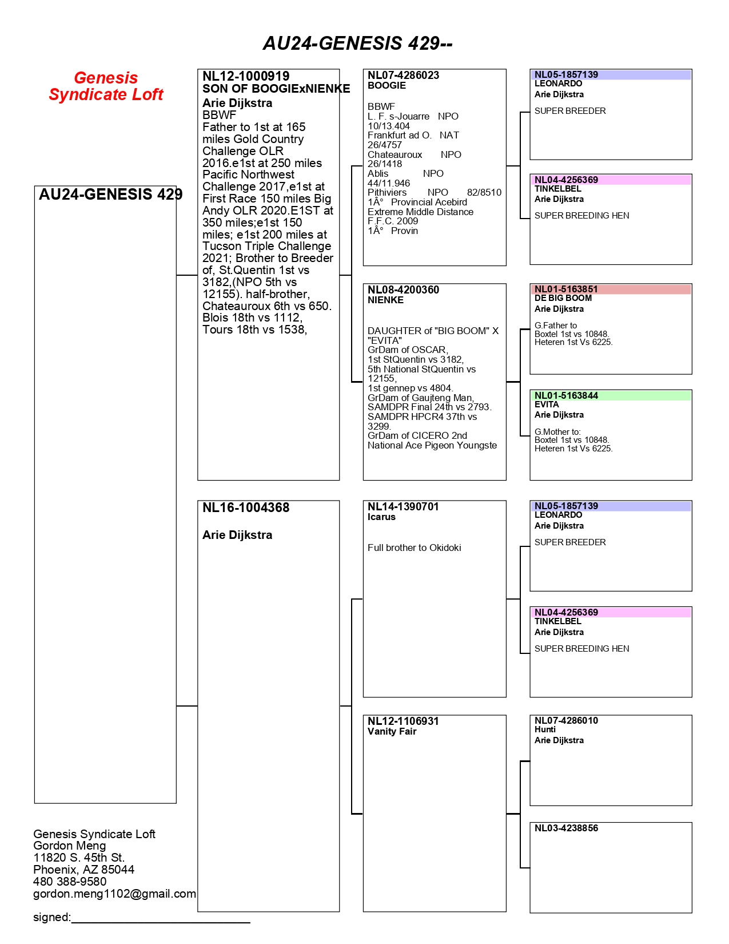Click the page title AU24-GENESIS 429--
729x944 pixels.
point(357,43)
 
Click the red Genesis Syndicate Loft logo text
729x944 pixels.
point(106,86)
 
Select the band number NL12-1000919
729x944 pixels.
point(246,76)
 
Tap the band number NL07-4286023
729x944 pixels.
point(403,75)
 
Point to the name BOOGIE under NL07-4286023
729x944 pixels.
point(387,86)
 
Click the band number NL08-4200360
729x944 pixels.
point(403,289)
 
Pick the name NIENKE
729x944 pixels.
point(385,300)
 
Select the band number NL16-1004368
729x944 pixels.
point(246,507)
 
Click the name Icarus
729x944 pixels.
point(381,517)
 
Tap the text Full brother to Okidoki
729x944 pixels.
point(414,548)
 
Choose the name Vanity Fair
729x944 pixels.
point(392,732)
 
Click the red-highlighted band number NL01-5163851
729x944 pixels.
point(566,289)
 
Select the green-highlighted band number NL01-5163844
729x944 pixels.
point(566,395)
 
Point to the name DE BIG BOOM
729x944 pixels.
point(563,298)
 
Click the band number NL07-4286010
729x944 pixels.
point(566,720)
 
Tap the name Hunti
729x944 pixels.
point(545,729)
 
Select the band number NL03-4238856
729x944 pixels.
point(566,828)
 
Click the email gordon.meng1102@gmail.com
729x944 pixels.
point(114,894)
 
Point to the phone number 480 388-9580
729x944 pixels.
point(70,882)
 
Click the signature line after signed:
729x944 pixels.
point(161,919)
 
